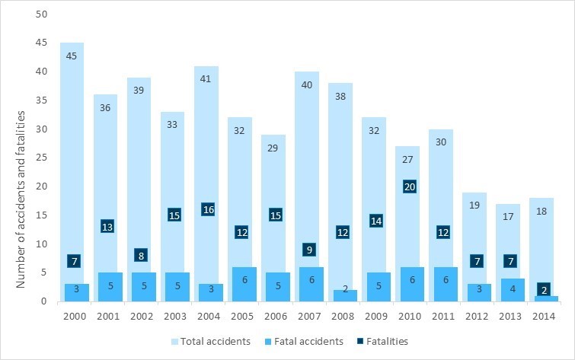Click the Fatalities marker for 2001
tap(107, 227)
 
